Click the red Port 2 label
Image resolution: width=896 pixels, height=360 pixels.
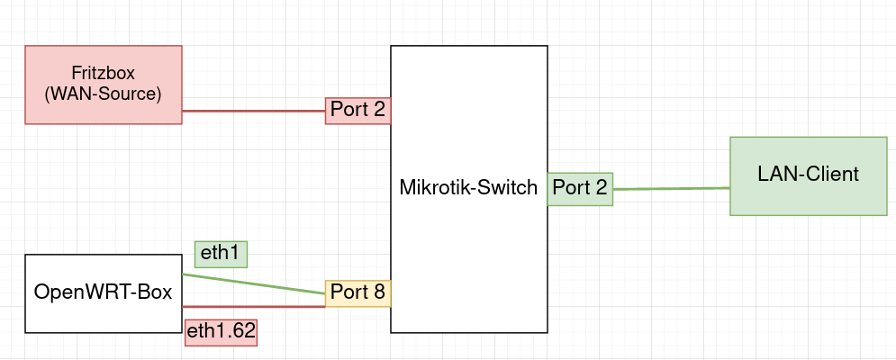coord(357,111)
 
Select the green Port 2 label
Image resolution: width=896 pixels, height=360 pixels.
coord(579,188)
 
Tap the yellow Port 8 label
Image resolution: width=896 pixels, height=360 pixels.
coord(357,292)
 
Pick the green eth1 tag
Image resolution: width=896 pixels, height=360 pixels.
coord(221,254)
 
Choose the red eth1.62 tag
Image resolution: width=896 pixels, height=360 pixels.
coord(221,332)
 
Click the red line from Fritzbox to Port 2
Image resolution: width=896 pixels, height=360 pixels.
coord(252,111)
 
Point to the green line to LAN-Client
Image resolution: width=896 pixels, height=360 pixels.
coord(671,189)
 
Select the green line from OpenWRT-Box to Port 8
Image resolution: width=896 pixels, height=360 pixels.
coord(252,283)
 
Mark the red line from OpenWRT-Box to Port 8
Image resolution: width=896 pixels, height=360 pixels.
coord(252,306)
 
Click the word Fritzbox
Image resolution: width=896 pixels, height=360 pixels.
coord(103,73)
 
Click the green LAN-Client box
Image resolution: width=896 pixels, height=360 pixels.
coord(808,175)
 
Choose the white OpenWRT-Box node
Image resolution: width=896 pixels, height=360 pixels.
coord(103,293)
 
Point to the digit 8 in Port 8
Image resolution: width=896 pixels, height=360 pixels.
coord(379,292)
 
